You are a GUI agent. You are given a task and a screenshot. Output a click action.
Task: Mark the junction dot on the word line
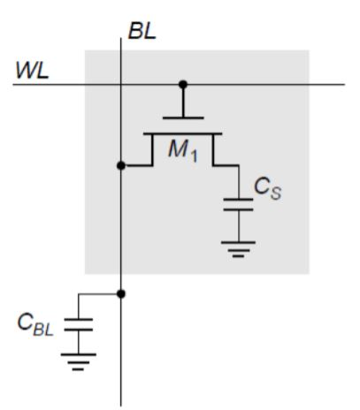[x=183, y=85]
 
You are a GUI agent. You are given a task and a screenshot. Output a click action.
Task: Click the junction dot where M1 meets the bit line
[x=121, y=165]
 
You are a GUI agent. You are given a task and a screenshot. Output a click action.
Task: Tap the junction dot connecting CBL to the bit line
[x=121, y=292]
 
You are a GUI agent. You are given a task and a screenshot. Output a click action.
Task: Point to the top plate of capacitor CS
[x=238, y=201]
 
